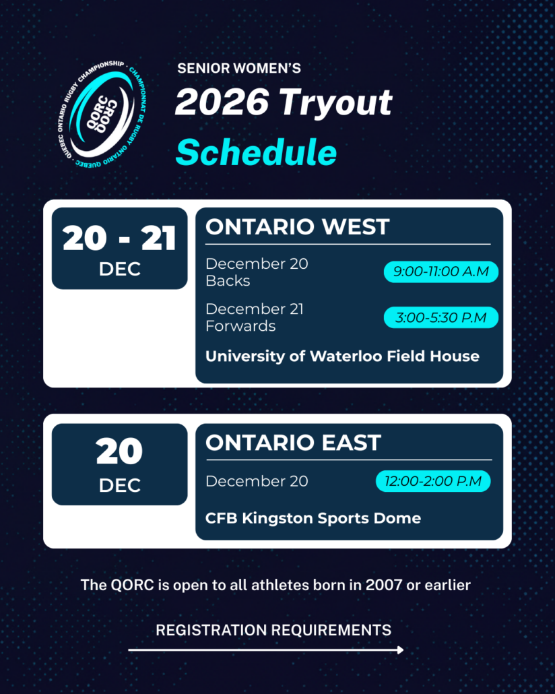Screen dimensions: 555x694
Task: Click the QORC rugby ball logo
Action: (102, 114)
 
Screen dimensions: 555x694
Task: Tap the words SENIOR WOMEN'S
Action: (239, 68)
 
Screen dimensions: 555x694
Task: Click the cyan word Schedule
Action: (256, 152)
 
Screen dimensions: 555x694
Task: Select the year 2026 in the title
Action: (222, 101)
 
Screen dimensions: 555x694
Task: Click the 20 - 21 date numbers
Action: (119, 239)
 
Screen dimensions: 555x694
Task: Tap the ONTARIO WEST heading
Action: (298, 226)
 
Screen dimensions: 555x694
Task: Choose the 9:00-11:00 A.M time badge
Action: (440, 272)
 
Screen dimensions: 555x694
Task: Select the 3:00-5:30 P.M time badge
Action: (440, 317)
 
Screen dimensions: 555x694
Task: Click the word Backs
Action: (228, 281)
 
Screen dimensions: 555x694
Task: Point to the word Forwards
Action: (240, 326)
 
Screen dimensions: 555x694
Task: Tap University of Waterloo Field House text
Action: (343, 356)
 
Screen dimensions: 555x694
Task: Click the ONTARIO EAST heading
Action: (294, 443)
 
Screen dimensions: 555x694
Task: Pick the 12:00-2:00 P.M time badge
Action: (433, 481)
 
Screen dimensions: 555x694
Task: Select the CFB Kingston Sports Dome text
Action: (313, 518)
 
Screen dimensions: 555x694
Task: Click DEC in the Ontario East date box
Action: (119, 486)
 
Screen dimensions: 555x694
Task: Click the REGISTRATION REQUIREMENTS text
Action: (273, 630)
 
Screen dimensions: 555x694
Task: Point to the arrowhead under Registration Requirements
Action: (401, 650)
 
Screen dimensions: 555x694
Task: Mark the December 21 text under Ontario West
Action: (255, 309)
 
